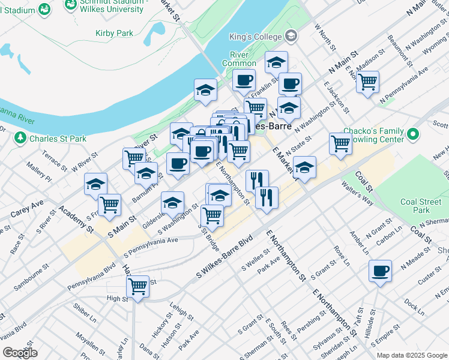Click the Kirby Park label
pyautogui.click(x=114, y=33)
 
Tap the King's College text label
pyautogui.click(x=255, y=37)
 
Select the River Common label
pyautogui.click(x=239, y=59)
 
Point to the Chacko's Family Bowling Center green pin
pyautogui.click(x=412, y=134)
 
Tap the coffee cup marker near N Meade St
pyautogui.click(x=380, y=271)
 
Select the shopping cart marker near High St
pyautogui.click(x=138, y=286)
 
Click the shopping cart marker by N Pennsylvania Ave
pyautogui.click(x=367, y=82)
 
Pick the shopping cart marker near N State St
pyautogui.click(x=340, y=144)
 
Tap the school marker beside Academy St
pyautogui.click(x=95, y=184)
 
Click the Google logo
pyautogui.click(x=20, y=353)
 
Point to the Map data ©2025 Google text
pyautogui.click(x=411, y=355)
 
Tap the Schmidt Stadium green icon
pyautogui.click(x=44, y=8)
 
